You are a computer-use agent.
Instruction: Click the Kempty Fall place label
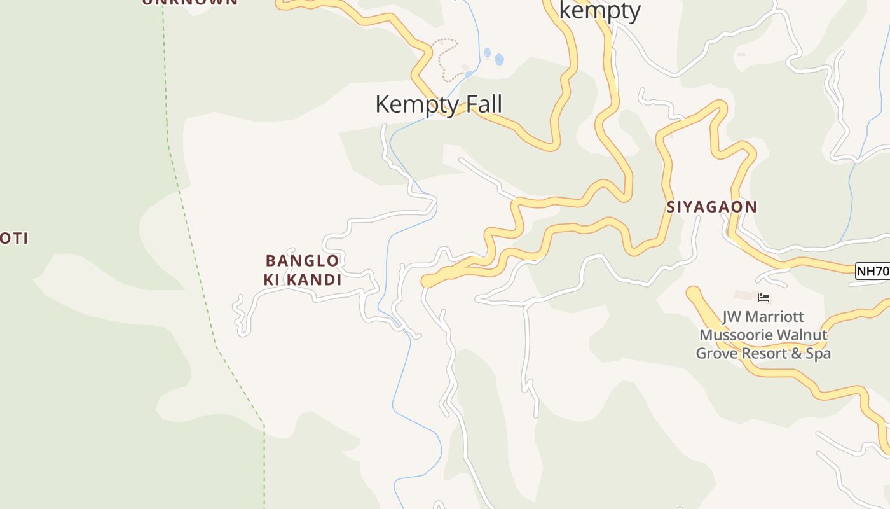pyautogui.click(x=439, y=104)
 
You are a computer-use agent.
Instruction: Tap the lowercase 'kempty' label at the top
pyautogui.click(x=599, y=10)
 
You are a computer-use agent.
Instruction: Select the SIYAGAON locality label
pyautogui.click(x=712, y=207)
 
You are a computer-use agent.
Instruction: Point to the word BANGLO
pyautogui.click(x=302, y=261)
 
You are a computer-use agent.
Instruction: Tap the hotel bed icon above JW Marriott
pyautogui.click(x=763, y=297)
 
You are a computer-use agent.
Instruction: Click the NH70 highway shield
pyautogui.click(x=872, y=271)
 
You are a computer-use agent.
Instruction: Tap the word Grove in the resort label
pyautogui.click(x=715, y=353)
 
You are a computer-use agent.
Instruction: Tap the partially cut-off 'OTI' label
pyautogui.click(x=14, y=239)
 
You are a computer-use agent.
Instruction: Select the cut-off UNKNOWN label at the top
pyautogui.click(x=190, y=2)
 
